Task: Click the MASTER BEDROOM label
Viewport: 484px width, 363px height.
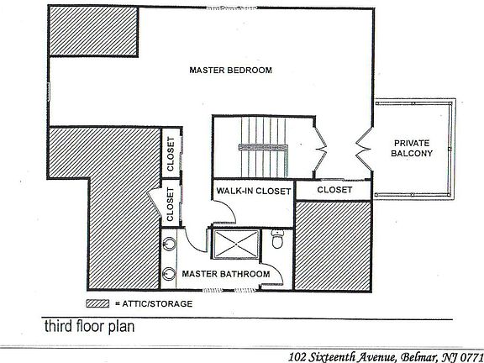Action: click(230, 70)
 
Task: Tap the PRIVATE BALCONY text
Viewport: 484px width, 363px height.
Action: click(413, 148)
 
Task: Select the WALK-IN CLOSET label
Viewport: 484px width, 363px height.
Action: click(253, 192)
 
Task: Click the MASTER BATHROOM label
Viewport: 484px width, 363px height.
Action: click(227, 274)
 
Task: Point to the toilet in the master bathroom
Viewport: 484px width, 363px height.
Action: click(277, 240)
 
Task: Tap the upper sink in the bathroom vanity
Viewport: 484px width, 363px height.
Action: click(170, 244)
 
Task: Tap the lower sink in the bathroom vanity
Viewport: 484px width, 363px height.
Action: click(170, 273)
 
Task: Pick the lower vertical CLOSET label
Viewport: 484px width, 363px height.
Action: click(170, 205)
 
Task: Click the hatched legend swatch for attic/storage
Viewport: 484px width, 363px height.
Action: click(97, 302)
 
